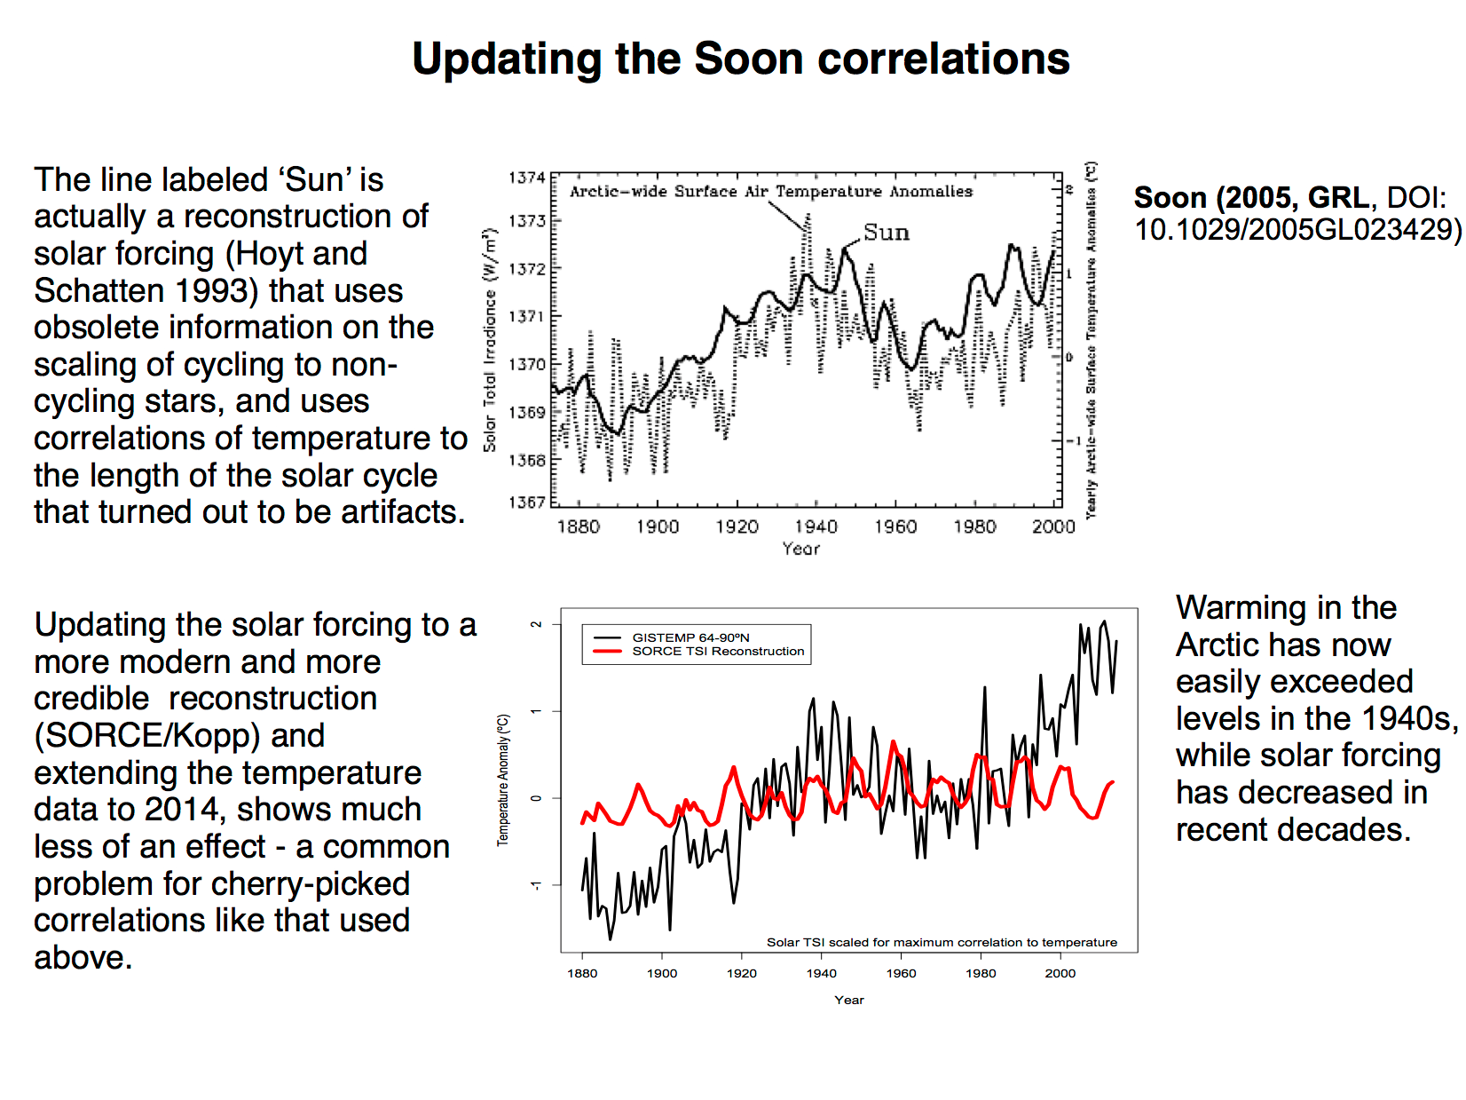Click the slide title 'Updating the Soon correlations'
(741, 59)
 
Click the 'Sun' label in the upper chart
(886, 233)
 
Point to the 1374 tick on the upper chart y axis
(526, 178)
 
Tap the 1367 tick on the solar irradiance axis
(526, 503)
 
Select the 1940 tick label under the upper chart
(816, 526)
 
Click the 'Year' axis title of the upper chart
(800, 549)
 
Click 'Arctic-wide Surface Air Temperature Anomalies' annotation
(770, 191)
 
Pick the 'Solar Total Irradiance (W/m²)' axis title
(490, 340)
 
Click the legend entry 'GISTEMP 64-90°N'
(690, 637)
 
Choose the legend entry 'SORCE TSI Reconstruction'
(718, 651)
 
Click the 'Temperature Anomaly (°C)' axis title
(503, 779)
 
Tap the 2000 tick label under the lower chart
(1060, 973)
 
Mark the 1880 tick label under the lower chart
(582, 973)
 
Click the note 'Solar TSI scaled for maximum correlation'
(942, 942)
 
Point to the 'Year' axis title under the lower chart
(848, 1000)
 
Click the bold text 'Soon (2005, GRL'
(1251, 197)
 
